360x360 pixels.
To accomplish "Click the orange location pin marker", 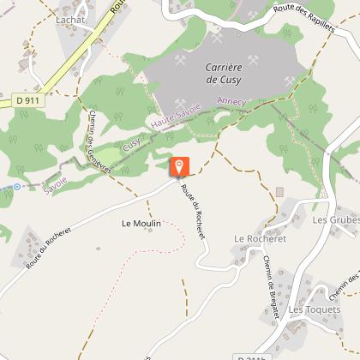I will pyautogui.click(x=179, y=166).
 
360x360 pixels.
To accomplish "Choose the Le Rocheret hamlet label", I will pyautogui.click(x=258, y=238).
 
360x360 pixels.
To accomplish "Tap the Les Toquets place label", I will pyautogui.click(x=313, y=309).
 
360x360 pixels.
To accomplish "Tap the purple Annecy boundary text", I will pyautogui.click(x=231, y=101).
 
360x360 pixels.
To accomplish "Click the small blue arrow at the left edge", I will pyautogui.click(x=15, y=185).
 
